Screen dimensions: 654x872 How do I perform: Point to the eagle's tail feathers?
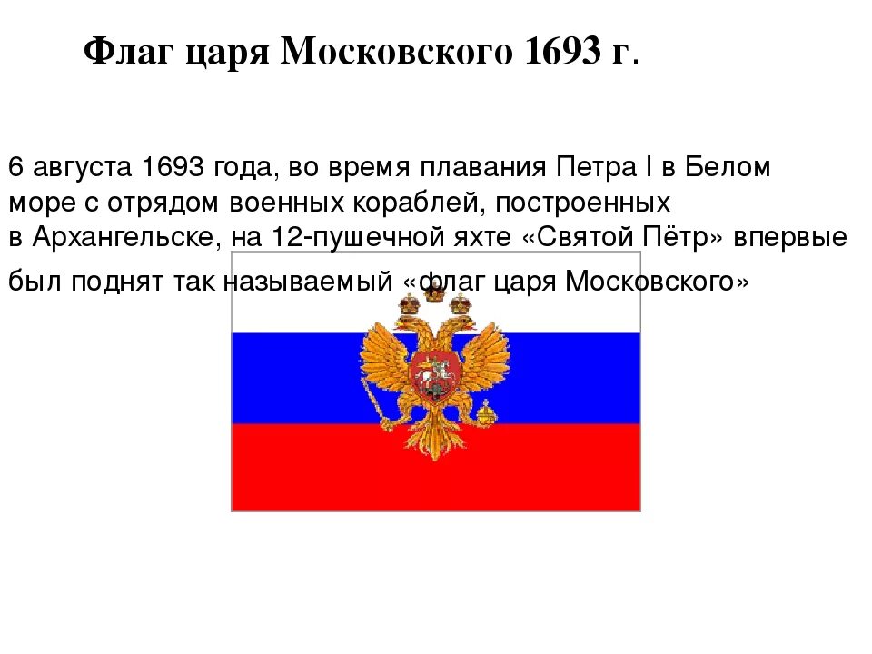[432, 445]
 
